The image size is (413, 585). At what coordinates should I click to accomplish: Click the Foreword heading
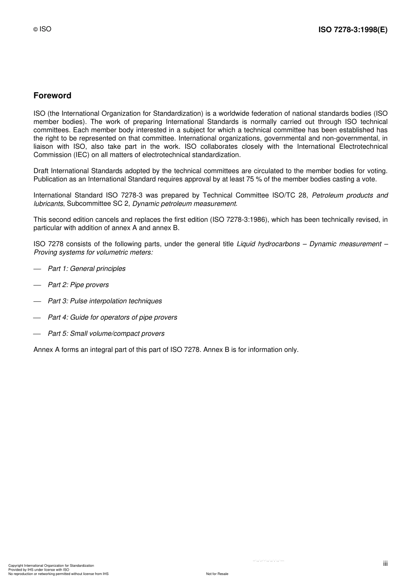[52, 96]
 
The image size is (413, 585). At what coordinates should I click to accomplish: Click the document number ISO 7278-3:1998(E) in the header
[353, 30]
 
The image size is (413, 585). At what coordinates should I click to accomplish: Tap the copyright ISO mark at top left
[43, 29]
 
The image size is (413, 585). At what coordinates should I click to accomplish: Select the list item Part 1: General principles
[87, 269]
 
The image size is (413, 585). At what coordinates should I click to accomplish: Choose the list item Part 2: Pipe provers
[78, 285]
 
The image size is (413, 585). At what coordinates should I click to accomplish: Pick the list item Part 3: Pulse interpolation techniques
[105, 301]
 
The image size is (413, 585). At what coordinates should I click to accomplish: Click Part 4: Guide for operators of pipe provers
[113, 318]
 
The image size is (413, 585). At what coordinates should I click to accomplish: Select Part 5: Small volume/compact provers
[106, 334]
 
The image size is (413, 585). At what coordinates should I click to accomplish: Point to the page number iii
[385, 563]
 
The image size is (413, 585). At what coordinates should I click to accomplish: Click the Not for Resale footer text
[217, 574]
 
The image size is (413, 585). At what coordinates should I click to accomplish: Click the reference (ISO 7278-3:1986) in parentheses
[239, 220]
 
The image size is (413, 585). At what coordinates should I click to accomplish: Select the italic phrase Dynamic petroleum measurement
[184, 204]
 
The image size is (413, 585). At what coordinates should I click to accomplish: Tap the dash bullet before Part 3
[37, 301]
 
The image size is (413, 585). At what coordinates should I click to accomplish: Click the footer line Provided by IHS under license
[39, 569]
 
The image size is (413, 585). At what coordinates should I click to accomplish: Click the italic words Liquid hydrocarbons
[268, 244]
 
